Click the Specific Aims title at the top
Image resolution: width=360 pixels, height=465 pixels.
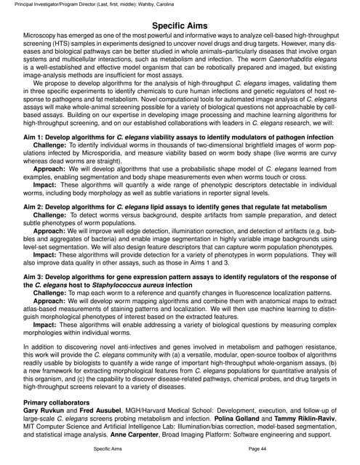[x=180, y=26]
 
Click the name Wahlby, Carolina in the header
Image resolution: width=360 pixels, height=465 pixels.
[x=175, y=4]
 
